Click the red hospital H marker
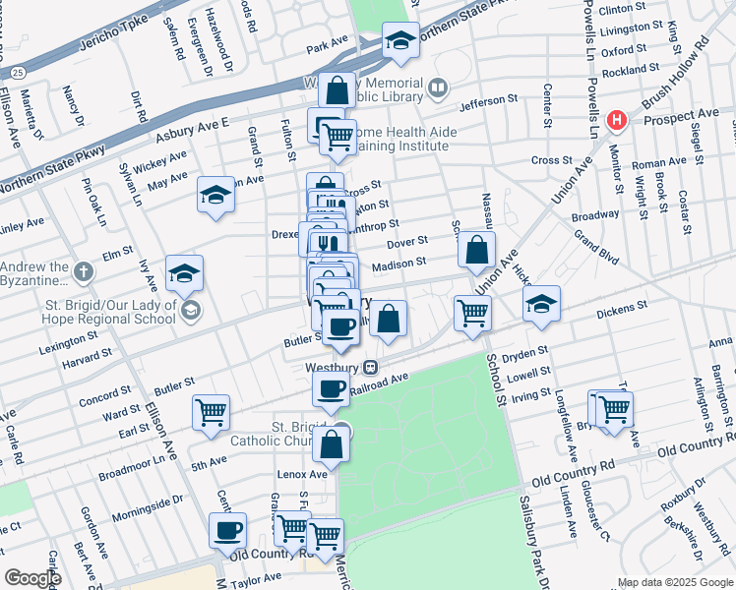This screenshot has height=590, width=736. pos(617,121)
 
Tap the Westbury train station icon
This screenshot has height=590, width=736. pos(371,367)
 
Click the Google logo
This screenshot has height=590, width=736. pos(32,578)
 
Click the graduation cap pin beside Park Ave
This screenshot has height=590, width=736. pos(399,40)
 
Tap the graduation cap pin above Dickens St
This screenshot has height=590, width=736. pos(540,304)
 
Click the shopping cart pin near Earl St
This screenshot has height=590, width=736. pos(211,414)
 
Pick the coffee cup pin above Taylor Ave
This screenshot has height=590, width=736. pos(227,531)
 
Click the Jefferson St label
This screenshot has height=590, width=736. pos(487,100)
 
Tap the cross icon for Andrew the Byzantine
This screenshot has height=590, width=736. pos(85,270)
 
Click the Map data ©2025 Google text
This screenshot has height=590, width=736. pos(674,582)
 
